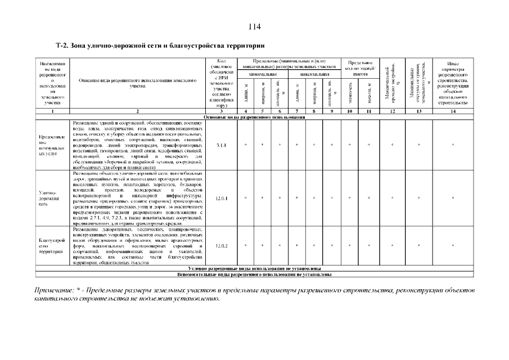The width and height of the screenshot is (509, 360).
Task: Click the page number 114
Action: (x=254, y=27)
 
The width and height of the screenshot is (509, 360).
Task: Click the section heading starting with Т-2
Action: (x=160, y=45)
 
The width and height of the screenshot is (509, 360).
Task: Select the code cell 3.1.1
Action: (x=221, y=145)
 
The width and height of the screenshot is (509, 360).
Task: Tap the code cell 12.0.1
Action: (x=221, y=198)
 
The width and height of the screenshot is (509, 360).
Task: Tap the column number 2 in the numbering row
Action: (x=138, y=111)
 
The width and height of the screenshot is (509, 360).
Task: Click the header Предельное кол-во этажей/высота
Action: (x=359, y=67)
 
